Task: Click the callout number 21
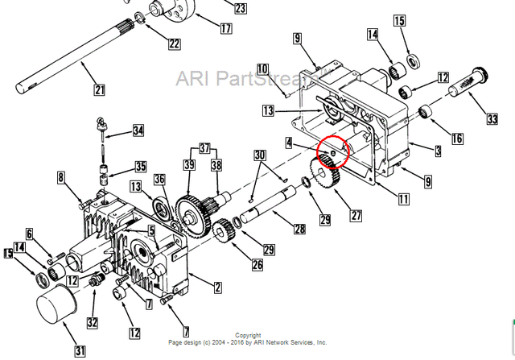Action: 99,89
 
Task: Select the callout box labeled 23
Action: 240,8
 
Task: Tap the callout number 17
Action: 225,28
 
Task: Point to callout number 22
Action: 174,44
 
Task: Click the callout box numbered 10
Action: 262,69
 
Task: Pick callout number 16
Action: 457,139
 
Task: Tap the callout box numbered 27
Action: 354,216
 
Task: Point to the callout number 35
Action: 141,168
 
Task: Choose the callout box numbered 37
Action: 204,149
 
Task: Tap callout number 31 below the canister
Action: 80,350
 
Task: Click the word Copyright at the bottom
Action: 248,335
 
